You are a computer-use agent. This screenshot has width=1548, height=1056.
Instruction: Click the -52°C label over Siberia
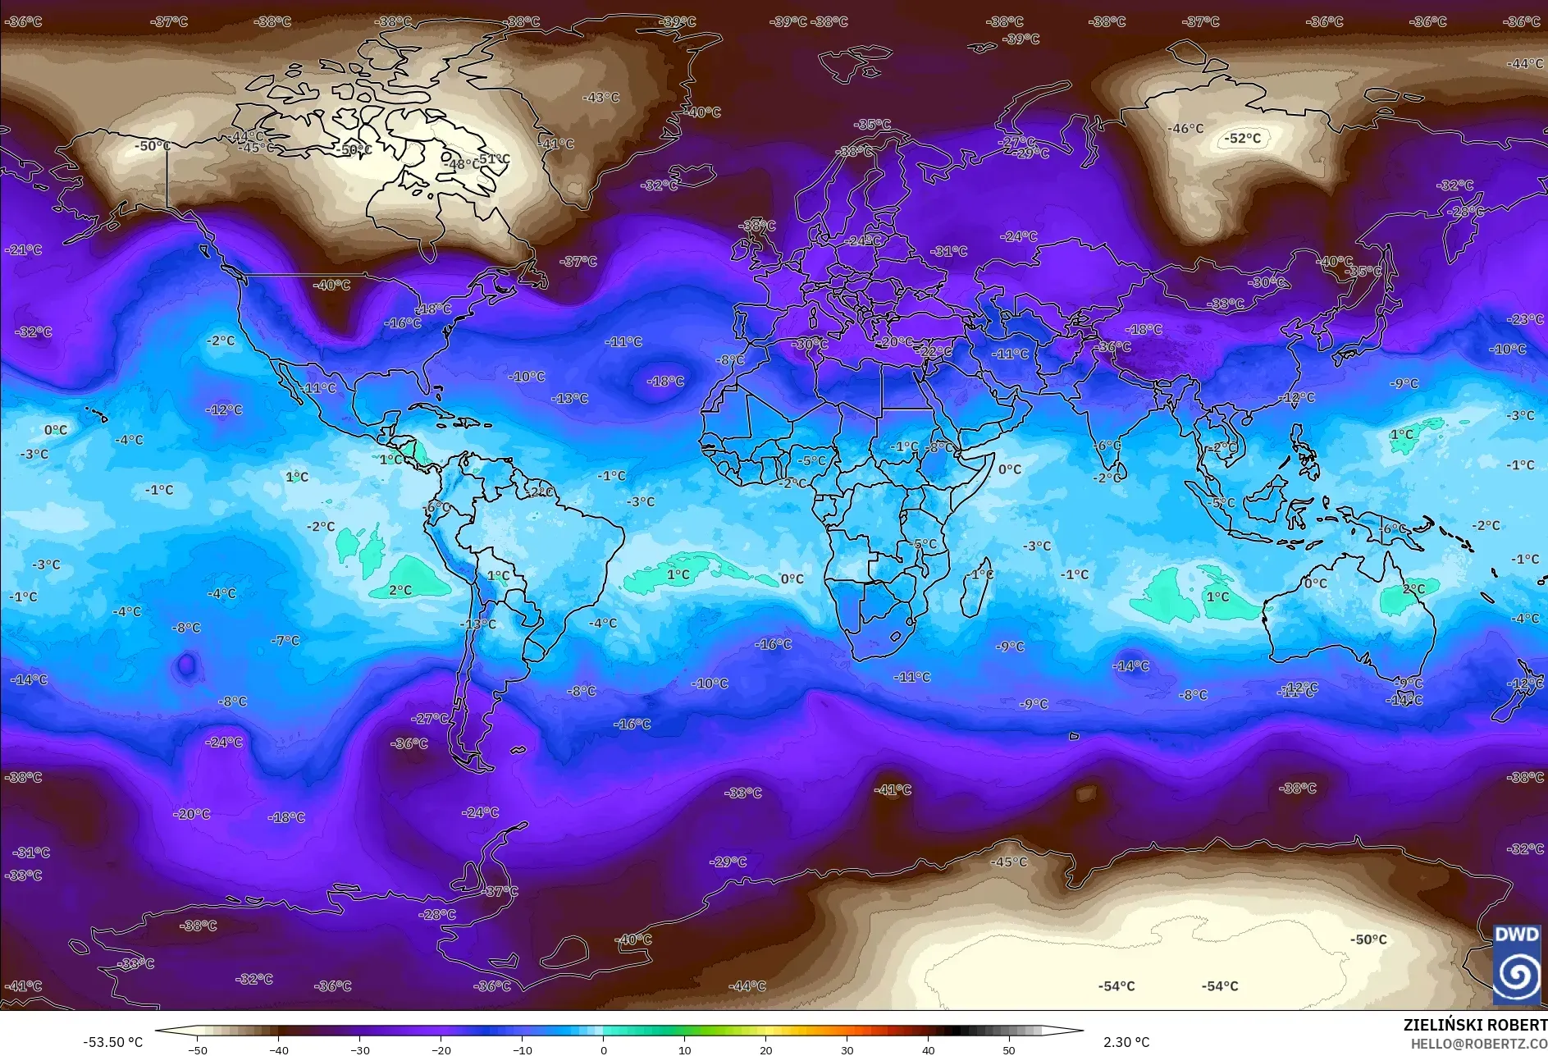click(1242, 138)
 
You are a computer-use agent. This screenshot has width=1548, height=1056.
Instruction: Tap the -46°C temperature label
click(1185, 129)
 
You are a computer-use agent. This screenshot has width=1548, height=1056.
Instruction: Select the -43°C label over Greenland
click(600, 98)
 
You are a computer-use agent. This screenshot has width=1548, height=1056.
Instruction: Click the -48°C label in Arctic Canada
click(462, 164)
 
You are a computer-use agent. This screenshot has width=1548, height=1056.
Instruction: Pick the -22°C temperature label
click(935, 351)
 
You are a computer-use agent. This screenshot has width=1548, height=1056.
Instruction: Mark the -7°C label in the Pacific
click(285, 640)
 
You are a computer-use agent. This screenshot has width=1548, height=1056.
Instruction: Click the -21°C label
click(23, 249)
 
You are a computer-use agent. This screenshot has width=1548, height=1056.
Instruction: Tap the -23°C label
click(1525, 319)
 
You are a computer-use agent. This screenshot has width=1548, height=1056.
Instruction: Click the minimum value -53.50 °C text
click(112, 1042)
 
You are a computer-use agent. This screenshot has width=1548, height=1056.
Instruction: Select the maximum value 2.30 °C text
click(1126, 1042)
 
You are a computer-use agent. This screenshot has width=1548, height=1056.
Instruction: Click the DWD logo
click(1516, 964)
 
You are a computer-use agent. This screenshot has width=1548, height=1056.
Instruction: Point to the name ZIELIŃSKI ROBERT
click(1474, 1025)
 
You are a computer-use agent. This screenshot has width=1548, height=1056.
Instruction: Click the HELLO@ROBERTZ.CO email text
click(1478, 1044)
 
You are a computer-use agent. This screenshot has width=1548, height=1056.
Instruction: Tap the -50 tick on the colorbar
click(198, 1049)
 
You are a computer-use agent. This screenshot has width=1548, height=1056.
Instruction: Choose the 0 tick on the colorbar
click(604, 1049)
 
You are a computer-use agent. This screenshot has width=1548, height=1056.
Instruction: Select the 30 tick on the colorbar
click(847, 1049)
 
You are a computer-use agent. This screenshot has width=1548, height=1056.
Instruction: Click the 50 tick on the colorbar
click(1009, 1049)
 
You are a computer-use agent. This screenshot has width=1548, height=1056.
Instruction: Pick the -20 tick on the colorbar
click(441, 1049)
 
